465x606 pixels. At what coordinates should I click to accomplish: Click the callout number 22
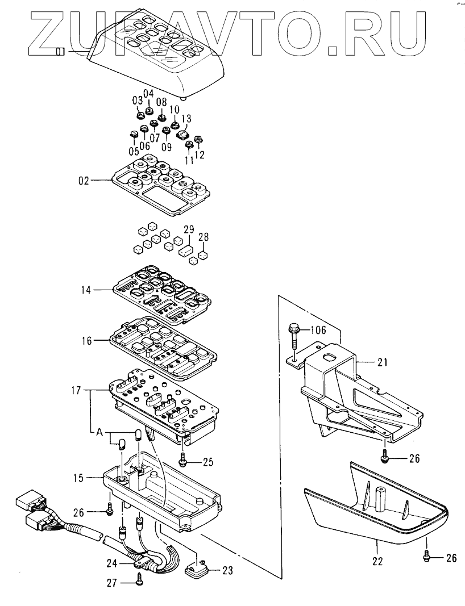(378, 562)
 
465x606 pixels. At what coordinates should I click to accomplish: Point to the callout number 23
(226, 571)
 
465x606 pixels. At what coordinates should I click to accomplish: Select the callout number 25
(208, 462)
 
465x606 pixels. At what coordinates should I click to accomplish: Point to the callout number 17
(77, 391)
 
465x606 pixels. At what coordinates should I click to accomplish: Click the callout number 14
(86, 290)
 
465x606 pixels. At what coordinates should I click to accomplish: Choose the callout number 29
(189, 229)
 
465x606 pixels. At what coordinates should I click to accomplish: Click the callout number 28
(204, 236)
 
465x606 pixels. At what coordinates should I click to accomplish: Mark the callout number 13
(186, 118)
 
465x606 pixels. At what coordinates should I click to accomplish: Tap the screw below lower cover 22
(426, 558)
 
